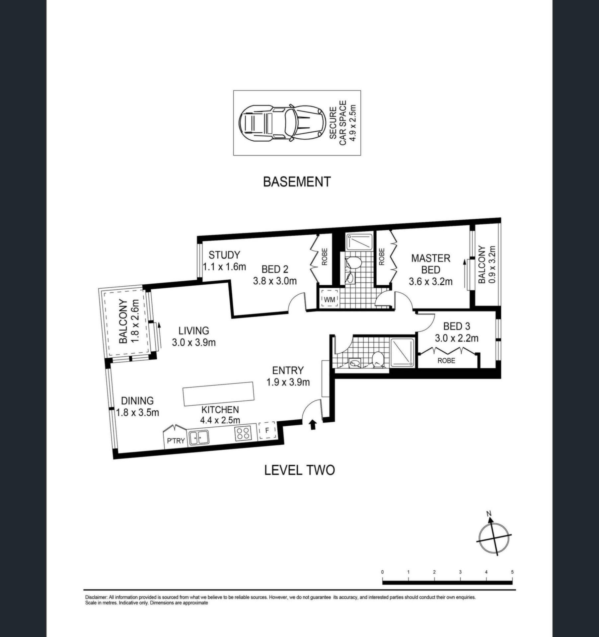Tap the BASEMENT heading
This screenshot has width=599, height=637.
[x=297, y=182]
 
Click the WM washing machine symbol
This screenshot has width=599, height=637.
[x=330, y=300]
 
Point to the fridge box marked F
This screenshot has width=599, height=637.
[x=267, y=431]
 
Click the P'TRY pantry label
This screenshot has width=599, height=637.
[x=176, y=441]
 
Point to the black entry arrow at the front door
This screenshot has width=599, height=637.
[x=312, y=425]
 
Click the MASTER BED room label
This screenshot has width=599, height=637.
[x=430, y=263]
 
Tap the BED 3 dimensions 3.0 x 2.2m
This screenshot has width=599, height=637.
[x=457, y=338]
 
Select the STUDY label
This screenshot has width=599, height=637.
[x=224, y=255]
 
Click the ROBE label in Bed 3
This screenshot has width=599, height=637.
[x=446, y=360]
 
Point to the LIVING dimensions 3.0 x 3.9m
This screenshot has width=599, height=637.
[x=194, y=342]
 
